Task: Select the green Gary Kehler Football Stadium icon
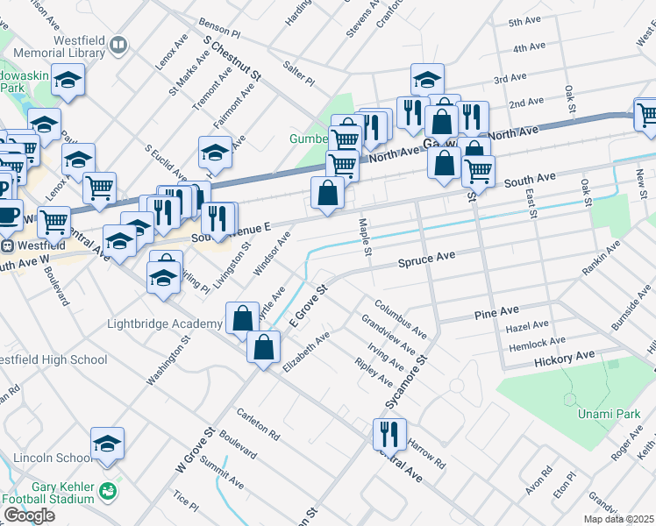coord(107,489)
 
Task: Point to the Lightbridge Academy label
coord(164,323)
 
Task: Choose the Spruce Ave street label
coord(426,259)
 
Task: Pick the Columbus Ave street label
coord(400,319)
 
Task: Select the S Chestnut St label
coord(232,60)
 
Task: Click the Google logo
coord(28,515)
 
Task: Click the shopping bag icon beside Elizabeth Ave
coord(263,347)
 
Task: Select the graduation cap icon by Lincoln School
coord(107,444)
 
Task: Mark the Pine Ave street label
coord(496,314)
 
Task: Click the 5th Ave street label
coord(525,21)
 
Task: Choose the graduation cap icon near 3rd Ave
coord(427,81)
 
